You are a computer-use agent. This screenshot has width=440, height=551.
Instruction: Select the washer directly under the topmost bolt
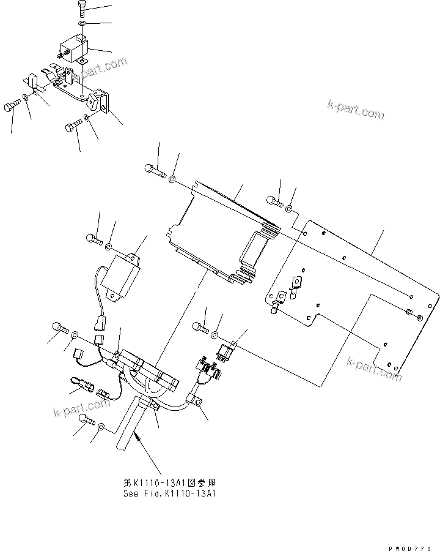click(82, 24)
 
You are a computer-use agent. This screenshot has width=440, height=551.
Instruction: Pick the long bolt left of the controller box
click(155, 171)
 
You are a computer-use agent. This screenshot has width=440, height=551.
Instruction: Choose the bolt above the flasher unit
click(94, 238)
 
